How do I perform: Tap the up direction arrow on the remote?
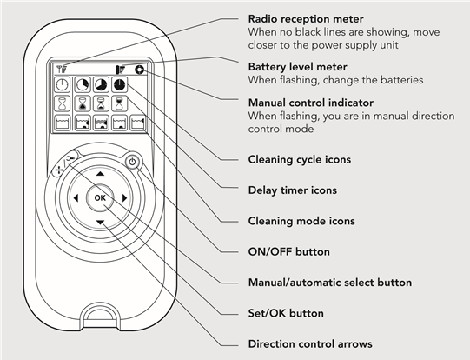click(100, 174)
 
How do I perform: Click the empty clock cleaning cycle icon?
click(63, 84)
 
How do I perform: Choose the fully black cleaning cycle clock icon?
click(118, 84)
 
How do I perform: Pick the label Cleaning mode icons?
click(295, 220)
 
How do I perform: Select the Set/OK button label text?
click(286, 313)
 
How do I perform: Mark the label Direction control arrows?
click(310, 344)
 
